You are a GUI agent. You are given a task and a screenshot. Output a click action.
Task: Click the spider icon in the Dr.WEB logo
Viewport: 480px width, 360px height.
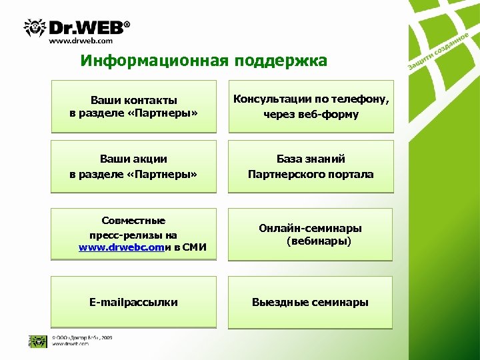pos(35,28)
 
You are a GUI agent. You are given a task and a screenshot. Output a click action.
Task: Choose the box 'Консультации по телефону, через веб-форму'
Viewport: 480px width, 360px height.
pos(311,107)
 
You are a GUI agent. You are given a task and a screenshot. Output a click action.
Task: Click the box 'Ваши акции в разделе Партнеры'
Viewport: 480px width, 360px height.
pos(134,167)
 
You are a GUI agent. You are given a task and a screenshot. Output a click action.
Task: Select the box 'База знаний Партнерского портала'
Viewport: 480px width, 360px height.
pos(311,167)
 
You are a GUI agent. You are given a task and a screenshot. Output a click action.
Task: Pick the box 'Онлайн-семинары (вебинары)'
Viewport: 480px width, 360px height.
pos(311,235)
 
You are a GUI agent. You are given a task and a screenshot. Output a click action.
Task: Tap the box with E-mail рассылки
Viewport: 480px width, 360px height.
pos(134,303)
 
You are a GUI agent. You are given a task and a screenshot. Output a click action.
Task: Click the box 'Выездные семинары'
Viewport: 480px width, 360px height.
pos(311,303)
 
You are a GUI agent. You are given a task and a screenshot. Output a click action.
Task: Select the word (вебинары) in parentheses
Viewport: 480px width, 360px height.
pos(319,241)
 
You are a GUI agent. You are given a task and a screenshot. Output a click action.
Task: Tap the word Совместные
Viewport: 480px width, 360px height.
pos(133,221)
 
